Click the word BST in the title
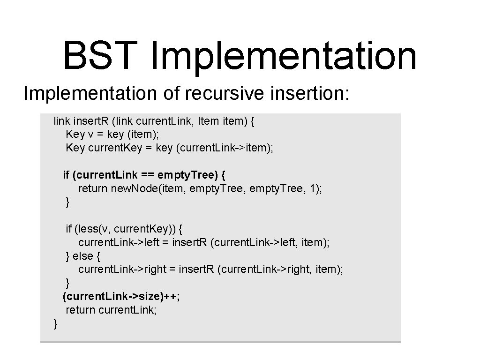[102, 55]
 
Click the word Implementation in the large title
[283, 55]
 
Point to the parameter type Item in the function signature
[208, 121]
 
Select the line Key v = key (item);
[112, 135]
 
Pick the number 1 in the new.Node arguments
[313, 189]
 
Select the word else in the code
[82, 256]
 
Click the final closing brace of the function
[56, 323]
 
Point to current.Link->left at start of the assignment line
[119, 243]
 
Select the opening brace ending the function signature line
[253, 121]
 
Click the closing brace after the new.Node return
[68, 202]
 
